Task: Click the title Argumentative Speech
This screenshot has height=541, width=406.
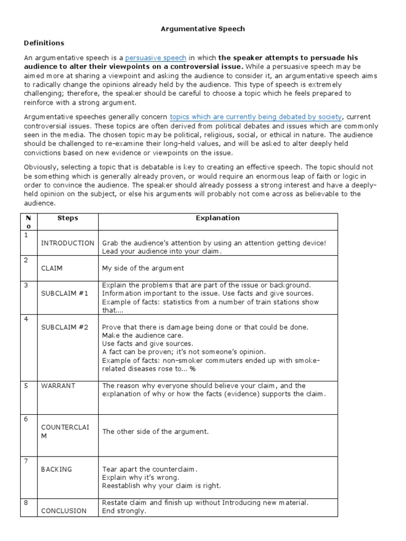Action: point(203,29)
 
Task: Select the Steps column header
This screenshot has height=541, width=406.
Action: point(67,218)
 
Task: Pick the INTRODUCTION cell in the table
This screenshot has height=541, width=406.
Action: point(68,243)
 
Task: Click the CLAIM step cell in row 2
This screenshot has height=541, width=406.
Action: point(52,268)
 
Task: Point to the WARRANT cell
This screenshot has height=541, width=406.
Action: point(58,386)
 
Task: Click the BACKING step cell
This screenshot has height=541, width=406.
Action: point(57,469)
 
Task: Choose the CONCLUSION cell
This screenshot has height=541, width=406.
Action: point(64,511)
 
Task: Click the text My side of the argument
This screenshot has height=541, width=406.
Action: point(143,268)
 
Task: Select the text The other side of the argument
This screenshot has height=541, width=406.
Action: point(155,432)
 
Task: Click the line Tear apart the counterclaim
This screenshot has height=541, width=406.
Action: point(149,469)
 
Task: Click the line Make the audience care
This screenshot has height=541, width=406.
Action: point(143,335)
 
